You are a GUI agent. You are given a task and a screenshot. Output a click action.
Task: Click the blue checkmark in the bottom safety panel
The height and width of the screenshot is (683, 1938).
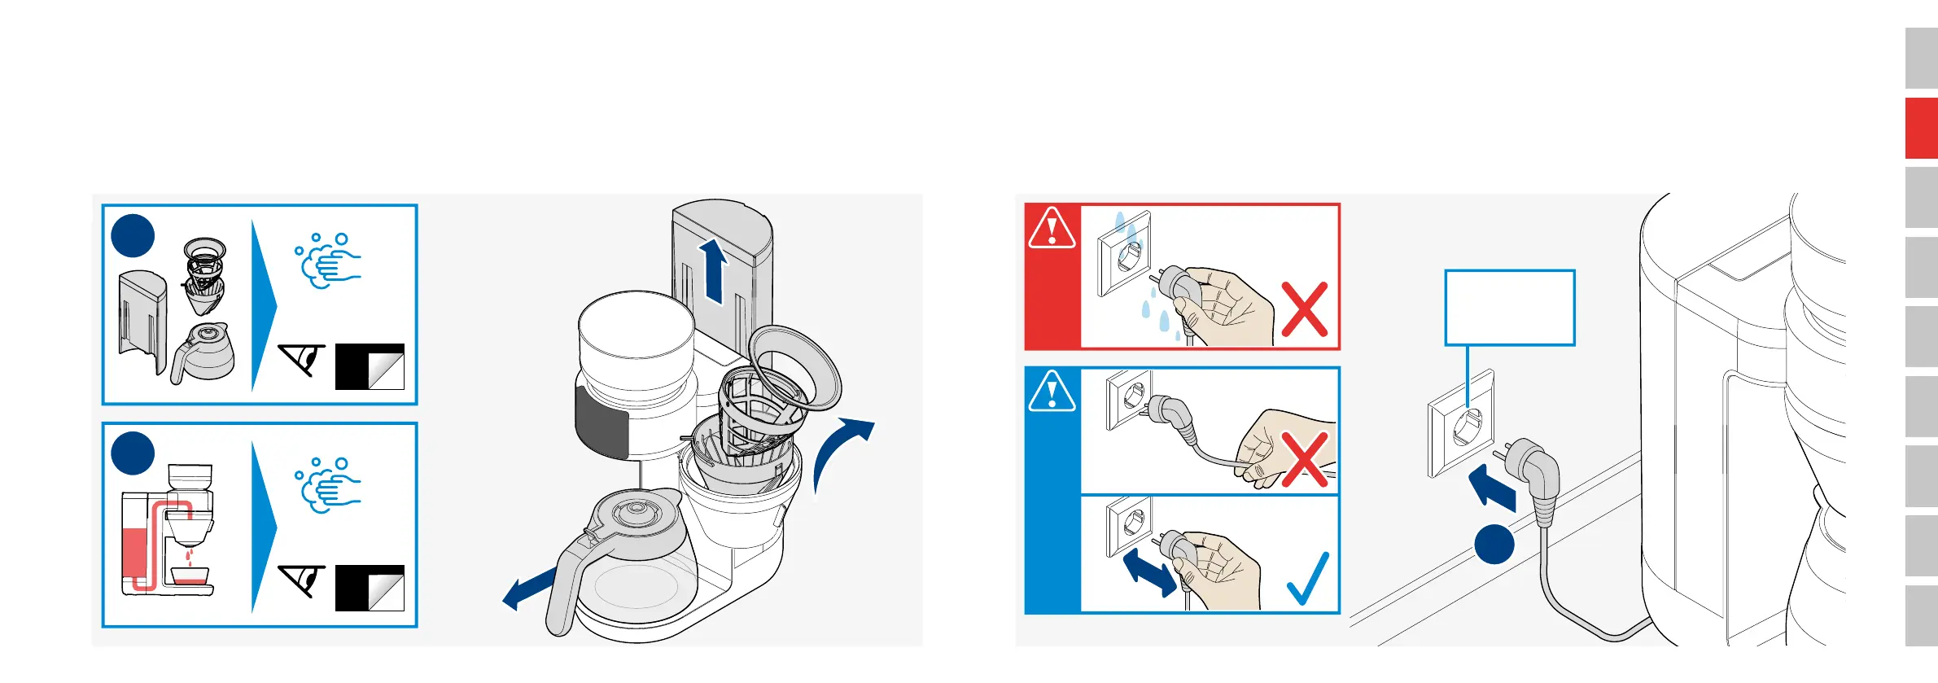[1308, 580]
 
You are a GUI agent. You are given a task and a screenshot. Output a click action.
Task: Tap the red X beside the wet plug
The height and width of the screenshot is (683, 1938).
[1304, 309]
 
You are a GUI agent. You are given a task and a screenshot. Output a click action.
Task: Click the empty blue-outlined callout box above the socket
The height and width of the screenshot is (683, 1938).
[1509, 308]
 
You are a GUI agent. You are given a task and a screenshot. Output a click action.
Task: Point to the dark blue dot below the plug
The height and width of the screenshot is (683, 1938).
[1494, 544]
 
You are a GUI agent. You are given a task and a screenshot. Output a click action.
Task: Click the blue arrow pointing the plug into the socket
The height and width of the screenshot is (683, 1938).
[1492, 487]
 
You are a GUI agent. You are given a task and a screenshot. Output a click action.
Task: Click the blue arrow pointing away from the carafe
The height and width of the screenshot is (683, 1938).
[530, 589]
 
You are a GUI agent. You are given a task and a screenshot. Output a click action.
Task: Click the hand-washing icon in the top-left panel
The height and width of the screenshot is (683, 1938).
[328, 261]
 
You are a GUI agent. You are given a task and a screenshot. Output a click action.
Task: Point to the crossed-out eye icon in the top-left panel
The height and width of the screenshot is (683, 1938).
[302, 359]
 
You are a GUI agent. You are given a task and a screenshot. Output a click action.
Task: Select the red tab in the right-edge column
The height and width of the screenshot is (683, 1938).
[1921, 128]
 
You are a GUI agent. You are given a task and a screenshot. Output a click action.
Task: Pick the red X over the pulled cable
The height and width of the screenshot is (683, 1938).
[1304, 459]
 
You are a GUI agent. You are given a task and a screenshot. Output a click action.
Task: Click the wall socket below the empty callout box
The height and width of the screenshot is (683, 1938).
[1461, 423]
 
